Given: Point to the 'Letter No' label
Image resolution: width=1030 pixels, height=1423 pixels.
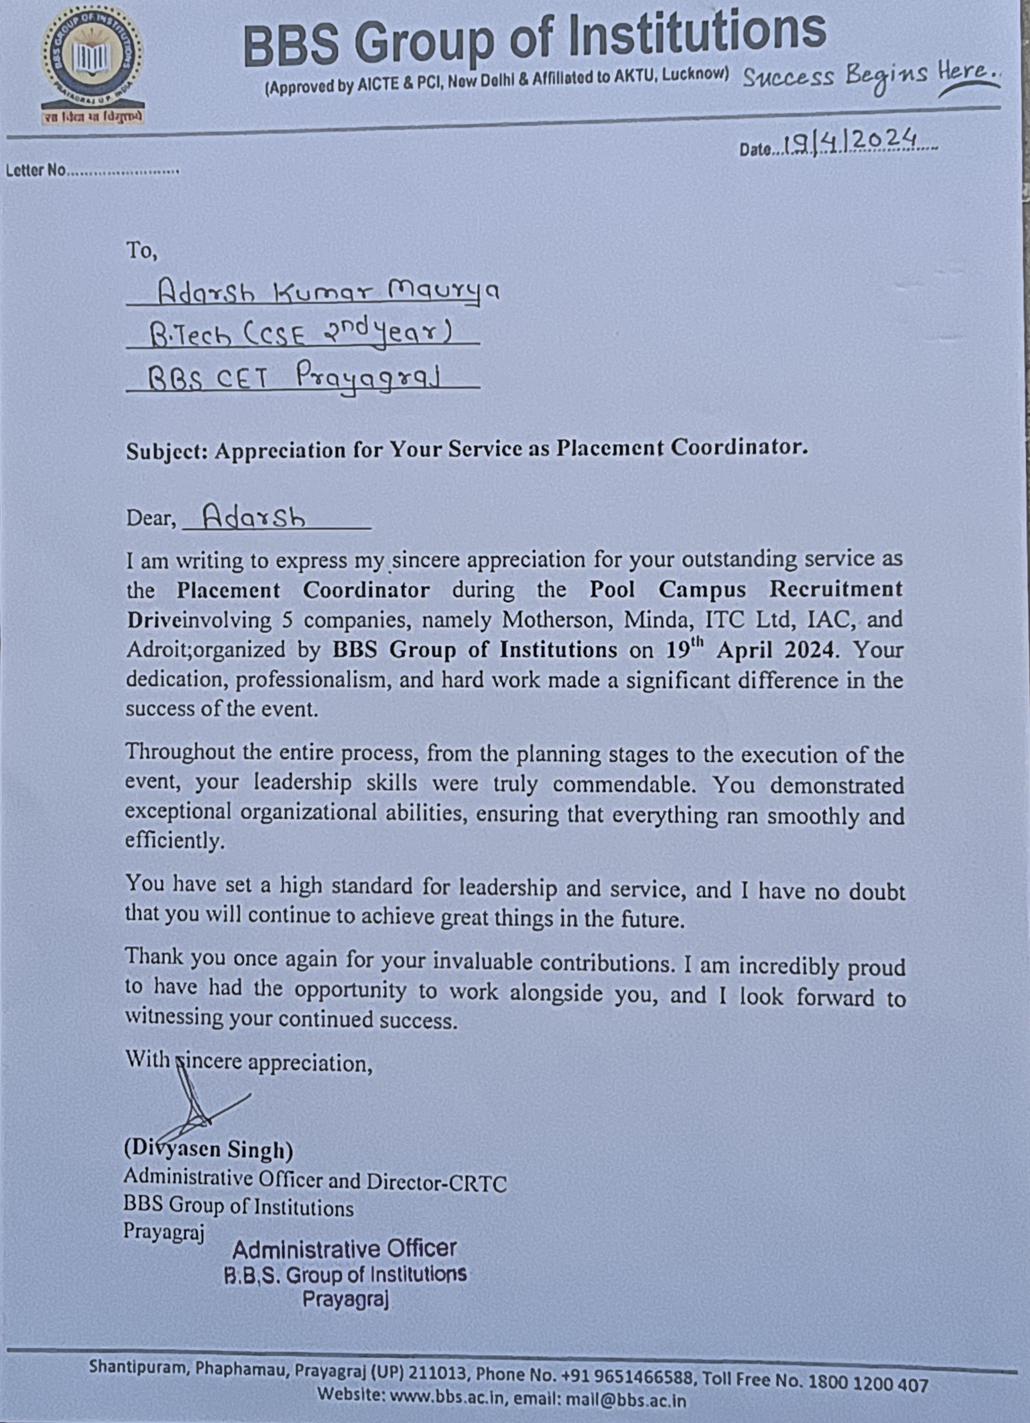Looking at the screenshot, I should click(x=35, y=170).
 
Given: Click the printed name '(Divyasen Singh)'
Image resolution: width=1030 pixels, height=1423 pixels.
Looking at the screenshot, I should click(x=208, y=1150).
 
